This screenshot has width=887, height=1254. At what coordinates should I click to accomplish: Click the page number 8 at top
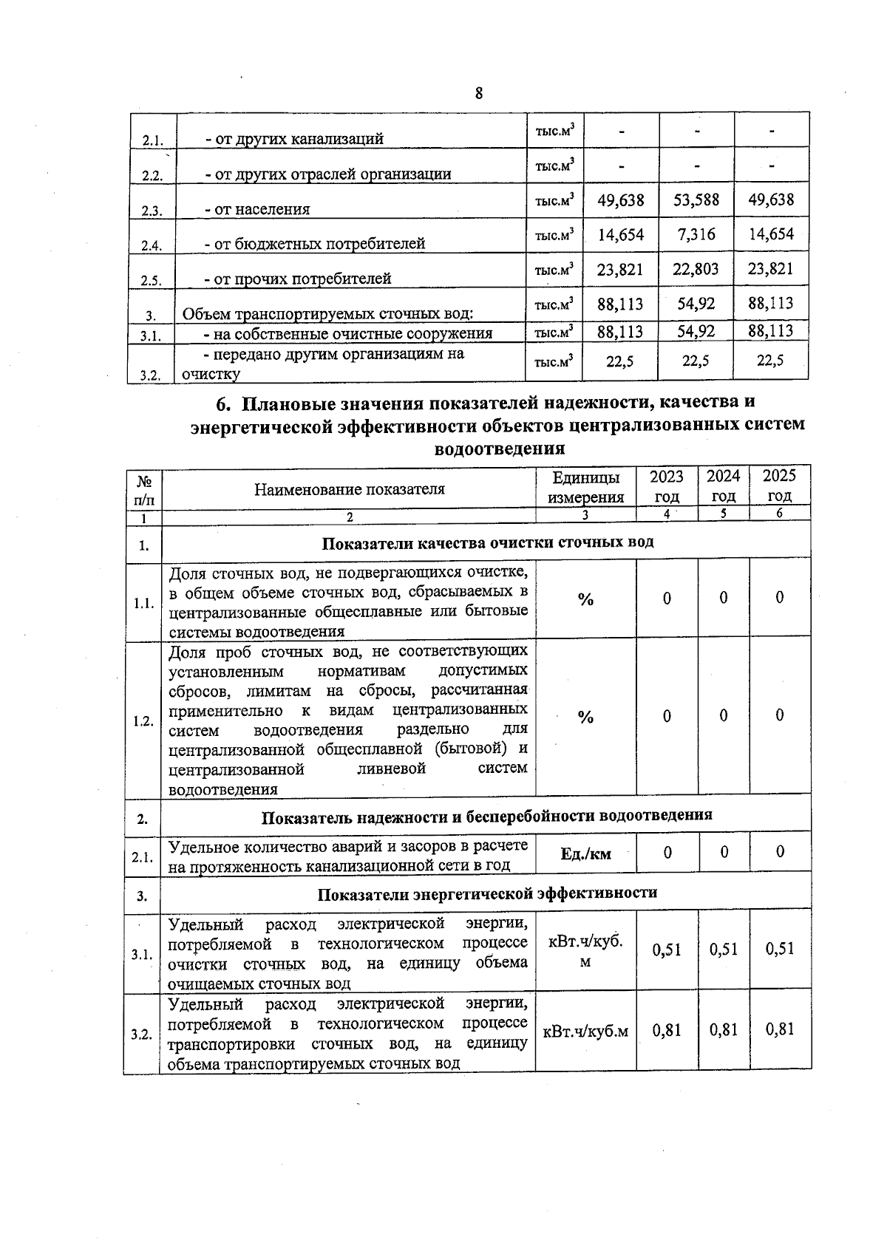(479, 93)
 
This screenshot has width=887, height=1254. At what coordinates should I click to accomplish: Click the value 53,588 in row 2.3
(696, 200)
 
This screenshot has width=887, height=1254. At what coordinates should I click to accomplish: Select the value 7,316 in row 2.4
(696, 235)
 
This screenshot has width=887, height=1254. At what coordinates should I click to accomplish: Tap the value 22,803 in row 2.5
(696, 270)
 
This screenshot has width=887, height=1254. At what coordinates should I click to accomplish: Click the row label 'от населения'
(257, 209)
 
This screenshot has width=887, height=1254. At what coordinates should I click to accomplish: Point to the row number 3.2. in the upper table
(151, 375)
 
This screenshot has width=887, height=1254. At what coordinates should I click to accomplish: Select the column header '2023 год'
(666, 486)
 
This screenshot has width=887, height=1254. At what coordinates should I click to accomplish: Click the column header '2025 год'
(779, 486)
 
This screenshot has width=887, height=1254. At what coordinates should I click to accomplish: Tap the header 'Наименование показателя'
(349, 489)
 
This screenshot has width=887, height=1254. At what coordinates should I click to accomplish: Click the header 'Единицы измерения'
(585, 486)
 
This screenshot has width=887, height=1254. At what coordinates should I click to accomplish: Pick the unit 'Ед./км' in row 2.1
(585, 854)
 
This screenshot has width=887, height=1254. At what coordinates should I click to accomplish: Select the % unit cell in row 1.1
(585, 600)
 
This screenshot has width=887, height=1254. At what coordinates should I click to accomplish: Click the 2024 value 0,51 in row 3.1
(723, 950)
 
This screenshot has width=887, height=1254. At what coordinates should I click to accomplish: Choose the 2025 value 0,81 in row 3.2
(779, 1029)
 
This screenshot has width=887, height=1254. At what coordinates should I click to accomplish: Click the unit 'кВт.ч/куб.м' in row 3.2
(585, 1031)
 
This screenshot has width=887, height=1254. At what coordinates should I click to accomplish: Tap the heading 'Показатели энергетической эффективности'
(487, 893)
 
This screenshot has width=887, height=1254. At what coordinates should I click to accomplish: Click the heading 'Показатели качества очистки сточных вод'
(487, 543)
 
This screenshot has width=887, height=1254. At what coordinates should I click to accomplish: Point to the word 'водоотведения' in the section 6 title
(500, 449)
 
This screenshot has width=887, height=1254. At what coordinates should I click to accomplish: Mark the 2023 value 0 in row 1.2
(666, 716)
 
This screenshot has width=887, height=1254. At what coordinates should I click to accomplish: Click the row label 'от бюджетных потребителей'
(314, 244)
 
